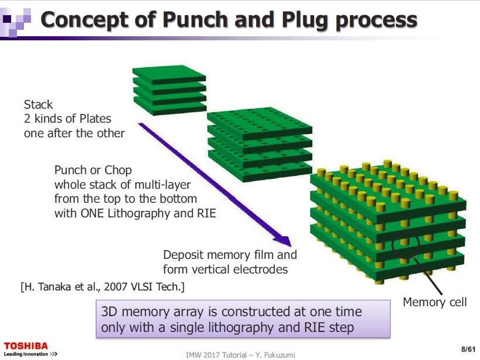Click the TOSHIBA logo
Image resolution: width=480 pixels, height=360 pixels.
pyautogui.click(x=26, y=345)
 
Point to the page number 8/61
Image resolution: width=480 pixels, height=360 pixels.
pyautogui.click(x=467, y=349)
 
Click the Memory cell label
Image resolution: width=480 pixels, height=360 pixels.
pyautogui.click(x=435, y=302)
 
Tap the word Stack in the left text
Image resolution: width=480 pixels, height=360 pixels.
pyautogui.click(x=38, y=105)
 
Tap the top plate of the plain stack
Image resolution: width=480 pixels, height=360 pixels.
pyautogui.click(x=170, y=73)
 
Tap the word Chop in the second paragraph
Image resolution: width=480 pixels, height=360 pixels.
pyautogui.click(x=119, y=170)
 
